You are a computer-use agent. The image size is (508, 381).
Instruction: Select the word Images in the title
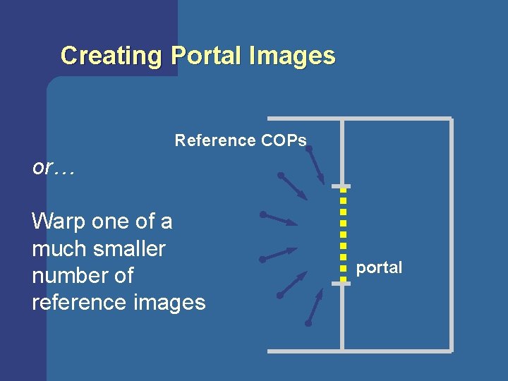[291, 55]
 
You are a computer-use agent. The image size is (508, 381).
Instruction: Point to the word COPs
[284, 140]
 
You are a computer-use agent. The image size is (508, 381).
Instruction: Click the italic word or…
[53, 168]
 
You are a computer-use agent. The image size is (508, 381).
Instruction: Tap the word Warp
[61, 222]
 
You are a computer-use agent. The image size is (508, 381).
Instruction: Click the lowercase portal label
[379, 268]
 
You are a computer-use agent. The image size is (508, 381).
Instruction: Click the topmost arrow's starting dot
[309, 149]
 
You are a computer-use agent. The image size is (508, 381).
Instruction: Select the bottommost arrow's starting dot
[308, 324]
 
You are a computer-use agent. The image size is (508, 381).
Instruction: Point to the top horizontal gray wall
[360, 118]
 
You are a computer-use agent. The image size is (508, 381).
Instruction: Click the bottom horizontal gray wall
[360, 350]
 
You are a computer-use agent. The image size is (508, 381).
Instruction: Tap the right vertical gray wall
[451, 233]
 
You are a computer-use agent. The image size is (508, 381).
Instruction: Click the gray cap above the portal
[341, 186]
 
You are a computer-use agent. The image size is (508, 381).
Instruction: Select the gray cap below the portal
[341, 283]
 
